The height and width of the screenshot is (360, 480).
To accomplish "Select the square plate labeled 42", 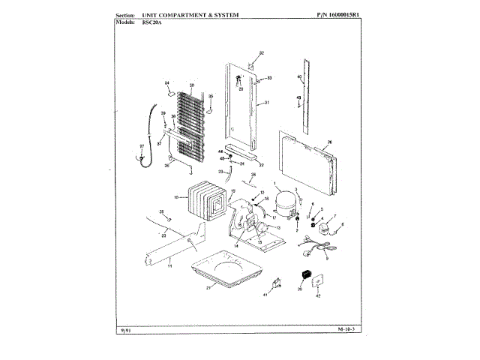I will [317, 281].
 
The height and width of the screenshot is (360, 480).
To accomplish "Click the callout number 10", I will [175, 197].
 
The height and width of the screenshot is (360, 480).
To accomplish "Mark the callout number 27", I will [142, 146].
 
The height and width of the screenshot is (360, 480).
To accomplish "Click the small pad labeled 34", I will [171, 94].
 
